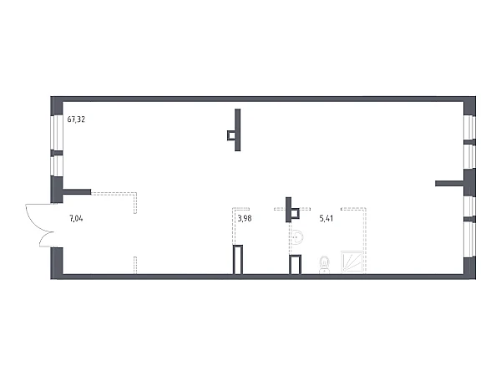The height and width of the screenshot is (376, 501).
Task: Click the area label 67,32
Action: point(76,119)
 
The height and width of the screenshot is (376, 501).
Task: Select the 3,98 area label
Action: point(245,220)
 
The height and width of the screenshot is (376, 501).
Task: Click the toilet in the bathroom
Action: point(325,265)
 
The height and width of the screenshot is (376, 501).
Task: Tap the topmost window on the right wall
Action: point(469,127)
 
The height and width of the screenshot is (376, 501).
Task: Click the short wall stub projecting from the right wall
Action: point(451,181)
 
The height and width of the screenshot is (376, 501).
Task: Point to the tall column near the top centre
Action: point(238,130)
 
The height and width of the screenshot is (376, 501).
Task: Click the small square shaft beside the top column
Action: point(230,133)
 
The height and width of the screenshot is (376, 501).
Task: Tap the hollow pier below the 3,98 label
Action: point(238,258)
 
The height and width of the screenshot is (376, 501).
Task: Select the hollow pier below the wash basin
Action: point(294,264)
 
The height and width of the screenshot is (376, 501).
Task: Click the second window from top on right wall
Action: point(469,156)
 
